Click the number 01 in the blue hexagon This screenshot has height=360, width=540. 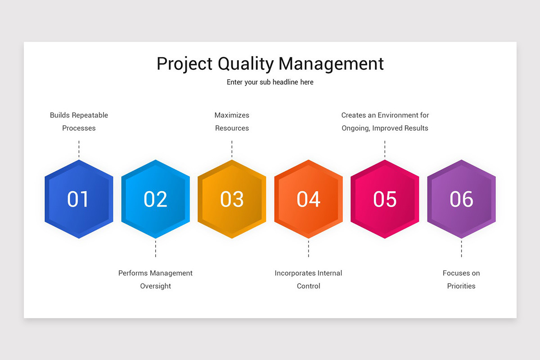click(x=78, y=199)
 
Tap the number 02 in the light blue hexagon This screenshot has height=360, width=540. click(x=155, y=199)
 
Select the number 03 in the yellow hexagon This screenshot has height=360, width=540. click(x=232, y=199)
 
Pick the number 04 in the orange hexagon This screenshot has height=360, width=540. click(x=308, y=199)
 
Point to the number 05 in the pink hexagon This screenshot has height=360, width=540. click(x=385, y=199)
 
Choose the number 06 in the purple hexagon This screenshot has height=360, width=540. click(x=461, y=199)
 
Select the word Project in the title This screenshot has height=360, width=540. click(x=185, y=64)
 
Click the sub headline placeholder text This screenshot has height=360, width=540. click(x=270, y=82)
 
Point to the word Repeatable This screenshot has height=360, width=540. click(x=89, y=115)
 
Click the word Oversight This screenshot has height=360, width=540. click(x=155, y=286)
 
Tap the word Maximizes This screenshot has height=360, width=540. click(x=232, y=115)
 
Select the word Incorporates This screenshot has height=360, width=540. click(x=295, y=273)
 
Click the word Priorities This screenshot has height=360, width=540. click(x=461, y=286)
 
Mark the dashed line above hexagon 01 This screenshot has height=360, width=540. click(x=79, y=149)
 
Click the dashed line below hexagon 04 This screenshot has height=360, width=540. click(x=308, y=249)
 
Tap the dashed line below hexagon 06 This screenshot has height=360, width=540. click(x=461, y=249)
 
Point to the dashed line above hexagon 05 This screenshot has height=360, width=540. click(x=385, y=149)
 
